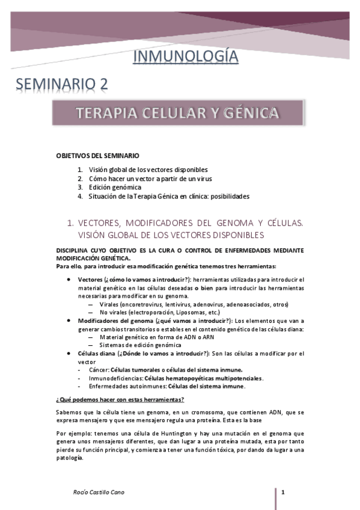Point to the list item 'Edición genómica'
pos(115,187)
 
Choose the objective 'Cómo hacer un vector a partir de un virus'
pos(150,178)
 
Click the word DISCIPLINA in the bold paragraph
pos(75,250)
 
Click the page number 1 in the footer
pos(282,493)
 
